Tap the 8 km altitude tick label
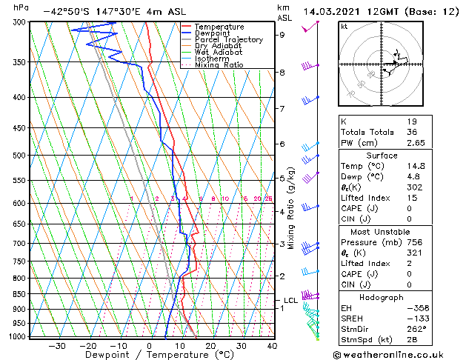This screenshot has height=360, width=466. click(282, 73)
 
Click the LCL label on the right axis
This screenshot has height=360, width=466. click(290, 300)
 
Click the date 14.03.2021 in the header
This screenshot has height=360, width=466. click(329, 11)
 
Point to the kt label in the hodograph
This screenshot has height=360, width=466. click(344, 26)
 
